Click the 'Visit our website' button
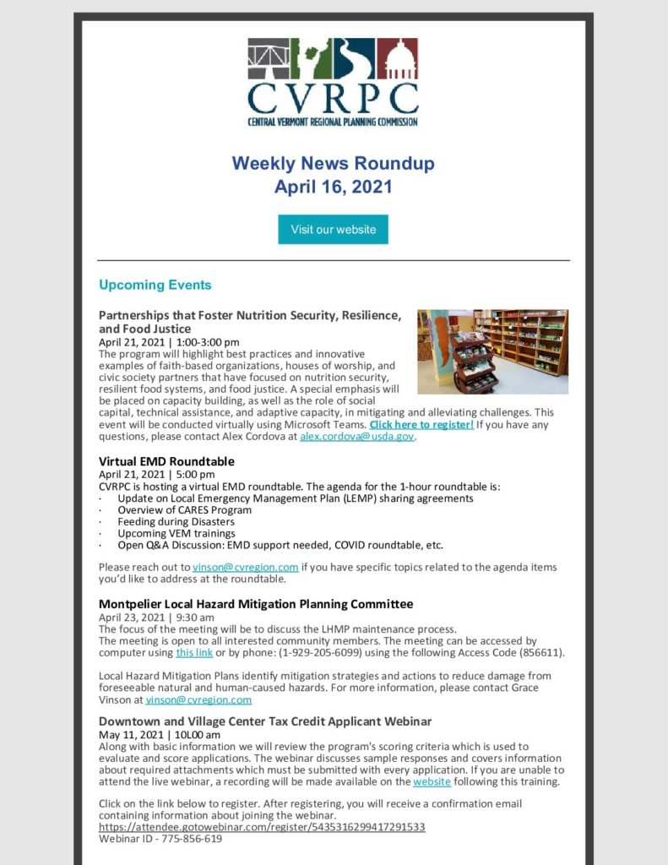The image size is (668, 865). coord(333,229)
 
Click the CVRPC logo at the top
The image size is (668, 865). coord(333,82)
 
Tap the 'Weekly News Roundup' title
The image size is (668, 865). coord(333,163)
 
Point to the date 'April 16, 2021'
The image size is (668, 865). coord(333,187)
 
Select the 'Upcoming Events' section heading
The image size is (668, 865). coord(155,285)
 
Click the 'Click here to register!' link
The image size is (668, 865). coord(421,425)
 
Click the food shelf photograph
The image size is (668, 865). coord(492,351)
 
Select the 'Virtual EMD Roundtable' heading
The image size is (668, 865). coord(166,461)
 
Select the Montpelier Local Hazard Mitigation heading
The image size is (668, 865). coord(256,604)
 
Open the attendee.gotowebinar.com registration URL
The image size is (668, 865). coord(262,827)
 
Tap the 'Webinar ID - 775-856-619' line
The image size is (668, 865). coord(160,839)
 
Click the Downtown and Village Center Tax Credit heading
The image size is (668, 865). coord(265,721)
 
